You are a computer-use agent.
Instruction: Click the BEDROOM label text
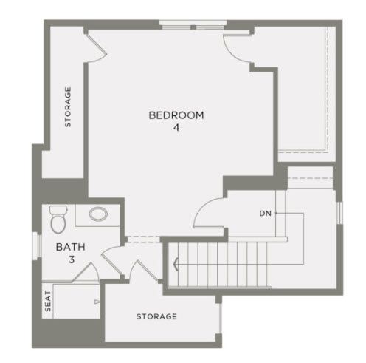coord(176,115)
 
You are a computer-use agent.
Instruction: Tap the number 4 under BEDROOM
coord(176,128)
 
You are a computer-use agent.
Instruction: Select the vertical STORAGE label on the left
coord(68,107)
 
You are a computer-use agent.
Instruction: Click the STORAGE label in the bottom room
coord(156,316)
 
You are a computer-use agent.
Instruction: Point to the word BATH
coord(71,247)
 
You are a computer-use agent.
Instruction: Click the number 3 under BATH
coord(72,259)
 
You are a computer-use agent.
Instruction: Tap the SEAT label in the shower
coord(48,301)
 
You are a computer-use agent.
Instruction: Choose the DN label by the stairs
coord(266,214)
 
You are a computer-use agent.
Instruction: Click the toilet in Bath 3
coord(58,220)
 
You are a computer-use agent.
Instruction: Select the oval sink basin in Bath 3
coord(98,214)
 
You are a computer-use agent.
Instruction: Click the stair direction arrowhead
coord(176,264)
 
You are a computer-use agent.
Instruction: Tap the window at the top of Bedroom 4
coord(193,25)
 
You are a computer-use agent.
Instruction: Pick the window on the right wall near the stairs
coord(339,213)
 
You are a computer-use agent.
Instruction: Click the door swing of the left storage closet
coord(98,49)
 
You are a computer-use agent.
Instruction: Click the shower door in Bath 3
coord(86,273)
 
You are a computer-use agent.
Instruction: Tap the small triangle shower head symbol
coord(97,302)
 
